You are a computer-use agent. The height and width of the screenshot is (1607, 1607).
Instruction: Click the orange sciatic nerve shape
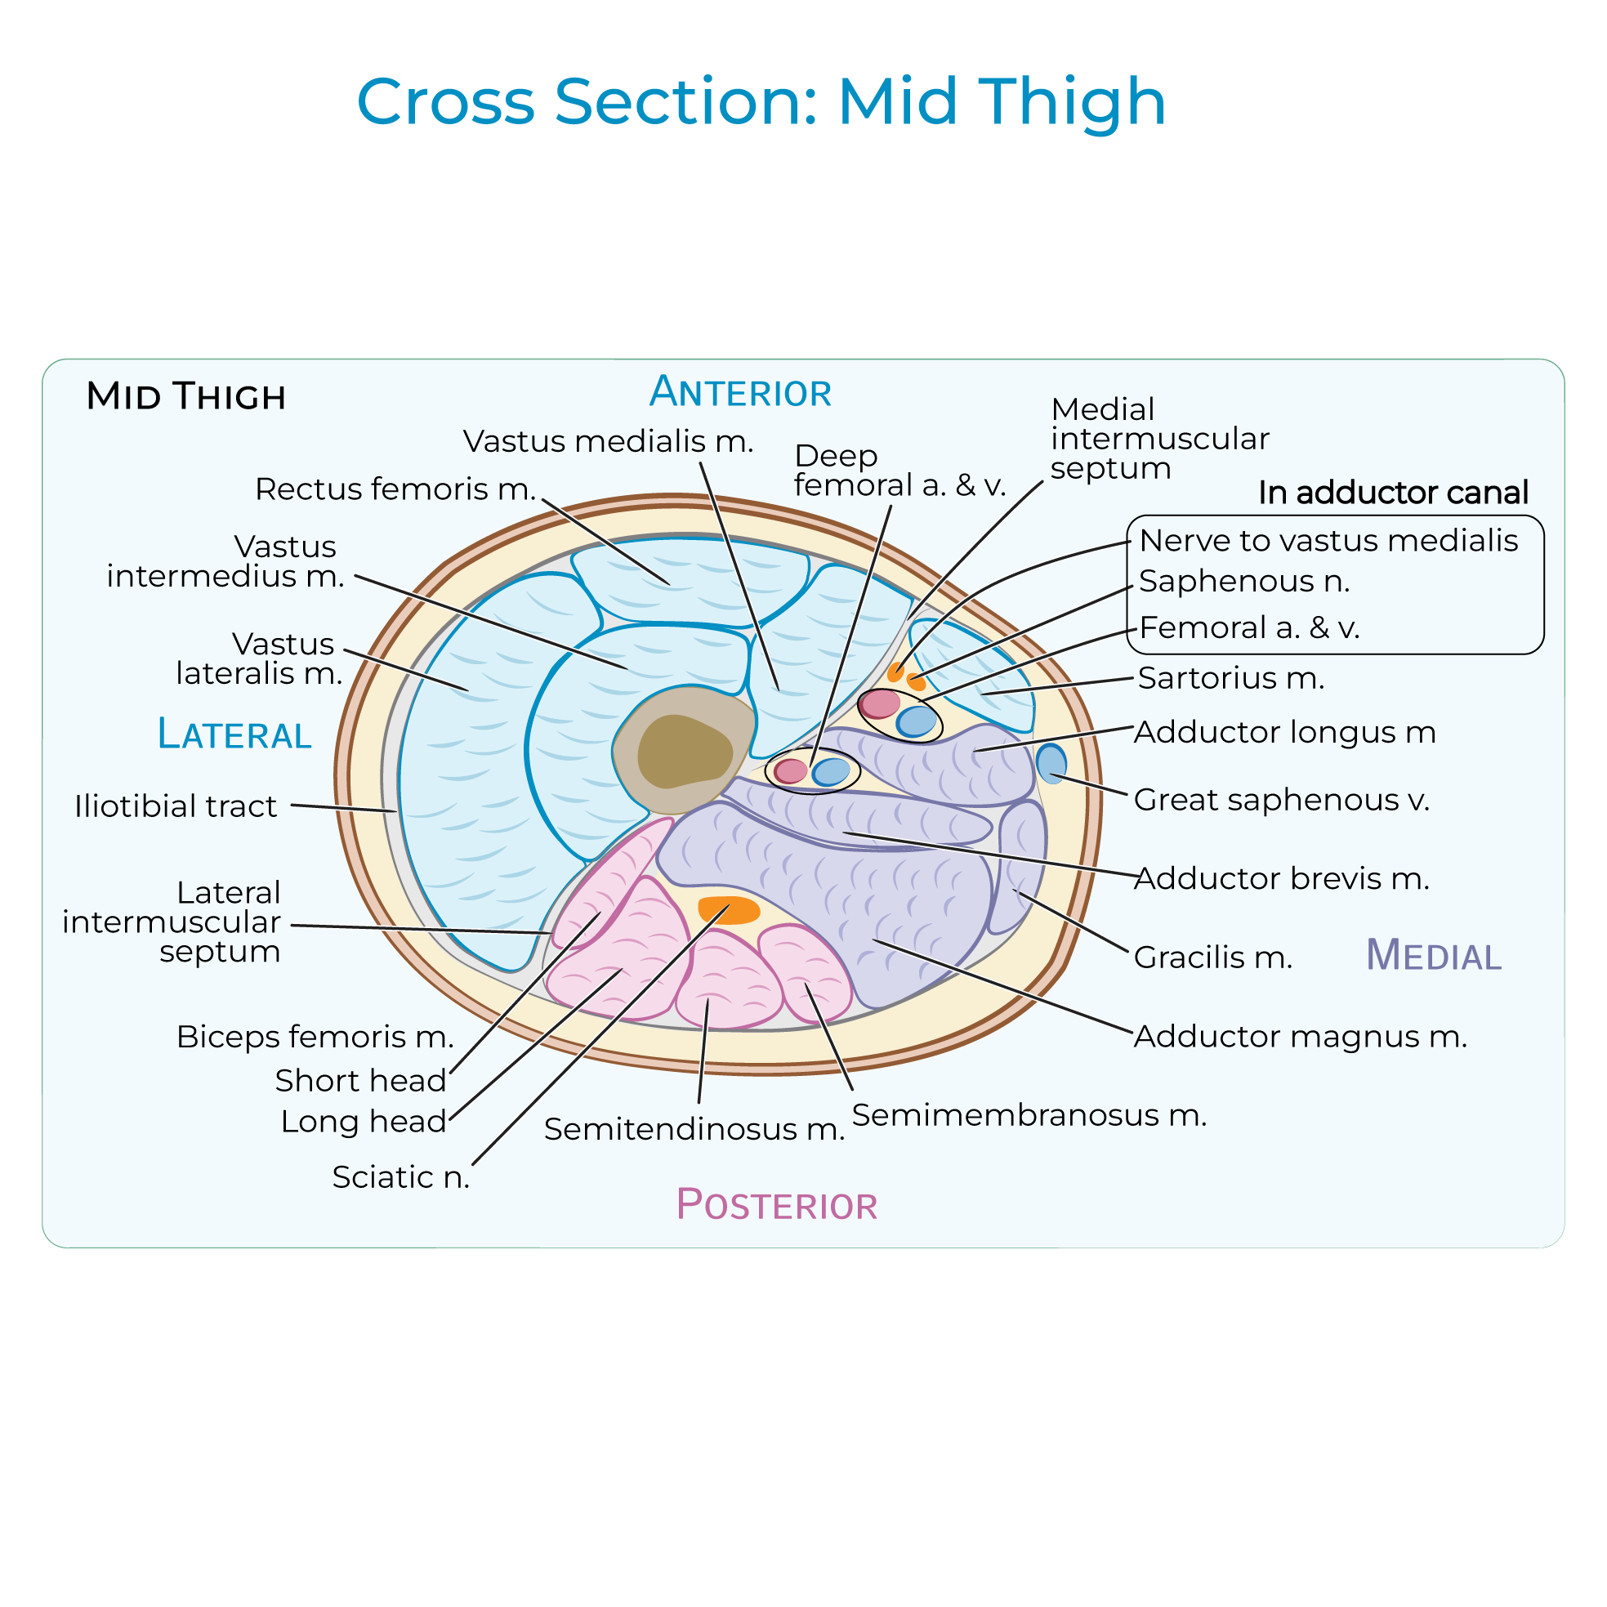point(729,910)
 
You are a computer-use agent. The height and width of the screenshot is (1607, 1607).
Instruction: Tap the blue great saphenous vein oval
point(1051,764)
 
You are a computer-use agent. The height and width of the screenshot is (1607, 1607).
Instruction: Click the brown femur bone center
point(684,752)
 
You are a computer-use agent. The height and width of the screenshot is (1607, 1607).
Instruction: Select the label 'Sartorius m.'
point(1230,678)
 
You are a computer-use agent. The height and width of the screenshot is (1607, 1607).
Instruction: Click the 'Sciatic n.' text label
point(401,1177)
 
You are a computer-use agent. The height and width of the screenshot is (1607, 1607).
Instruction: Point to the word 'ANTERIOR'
point(740,392)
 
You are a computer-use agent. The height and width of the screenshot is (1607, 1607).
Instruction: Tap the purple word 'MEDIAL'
point(1433,955)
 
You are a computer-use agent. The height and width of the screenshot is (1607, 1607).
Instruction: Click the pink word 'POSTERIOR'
point(776,1205)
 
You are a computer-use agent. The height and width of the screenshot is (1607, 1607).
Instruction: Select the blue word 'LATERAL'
point(234,734)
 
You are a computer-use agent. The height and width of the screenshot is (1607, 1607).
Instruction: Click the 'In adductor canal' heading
point(1392,493)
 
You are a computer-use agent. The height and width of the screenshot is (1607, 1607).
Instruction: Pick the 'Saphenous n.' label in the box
point(1243,582)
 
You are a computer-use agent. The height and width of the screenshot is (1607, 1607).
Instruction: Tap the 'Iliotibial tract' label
point(176,806)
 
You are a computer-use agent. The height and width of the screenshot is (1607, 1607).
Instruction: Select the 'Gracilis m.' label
point(1212,958)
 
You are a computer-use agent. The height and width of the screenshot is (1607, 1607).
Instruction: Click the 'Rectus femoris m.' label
point(395,489)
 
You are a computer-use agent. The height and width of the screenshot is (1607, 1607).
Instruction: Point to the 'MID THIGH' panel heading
point(185,396)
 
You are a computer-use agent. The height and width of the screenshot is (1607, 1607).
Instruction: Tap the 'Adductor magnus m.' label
point(1300,1037)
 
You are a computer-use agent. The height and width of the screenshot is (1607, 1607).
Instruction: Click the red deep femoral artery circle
point(790,771)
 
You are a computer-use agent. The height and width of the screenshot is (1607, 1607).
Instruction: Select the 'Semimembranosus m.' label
point(1029,1115)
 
